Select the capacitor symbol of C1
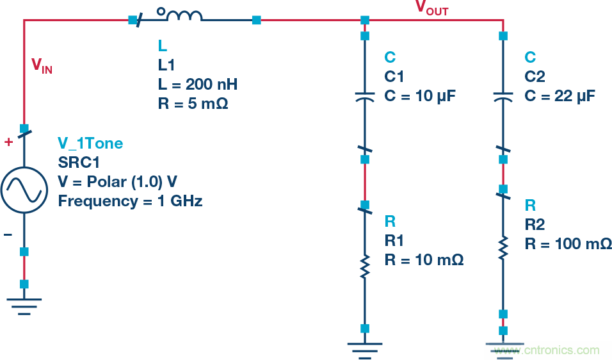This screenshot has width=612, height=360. [364, 97]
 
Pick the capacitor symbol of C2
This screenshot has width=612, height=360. [503, 97]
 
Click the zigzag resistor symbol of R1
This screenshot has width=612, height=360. [364, 266]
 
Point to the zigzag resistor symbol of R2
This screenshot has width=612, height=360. [503, 247]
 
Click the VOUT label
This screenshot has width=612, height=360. [431, 8]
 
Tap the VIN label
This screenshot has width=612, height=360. [42, 65]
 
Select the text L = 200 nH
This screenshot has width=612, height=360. [198, 84]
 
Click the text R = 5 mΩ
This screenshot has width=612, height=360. [192, 103]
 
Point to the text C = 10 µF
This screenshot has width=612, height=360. [421, 96]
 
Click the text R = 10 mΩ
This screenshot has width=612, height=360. [424, 259]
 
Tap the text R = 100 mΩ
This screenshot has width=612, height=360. [568, 244]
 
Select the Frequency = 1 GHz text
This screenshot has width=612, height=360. [130, 201]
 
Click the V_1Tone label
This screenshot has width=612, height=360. [90, 143]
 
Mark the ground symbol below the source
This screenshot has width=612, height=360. [24, 305]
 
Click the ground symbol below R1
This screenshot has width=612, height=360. [364, 348]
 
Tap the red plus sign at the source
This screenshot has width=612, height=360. [8, 142]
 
